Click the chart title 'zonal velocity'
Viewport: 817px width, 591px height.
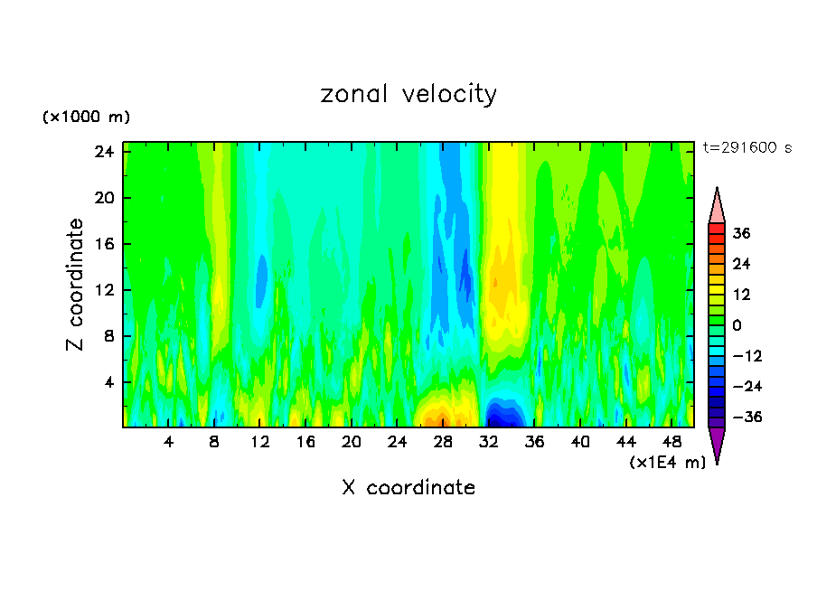click(x=408, y=94)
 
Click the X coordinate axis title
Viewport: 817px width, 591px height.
click(x=408, y=488)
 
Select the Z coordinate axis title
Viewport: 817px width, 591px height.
click(x=76, y=285)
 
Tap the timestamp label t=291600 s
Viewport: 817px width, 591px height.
click(x=747, y=148)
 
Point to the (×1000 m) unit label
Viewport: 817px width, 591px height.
click(x=87, y=117)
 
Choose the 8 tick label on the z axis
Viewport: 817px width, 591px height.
click(x=106, y=336)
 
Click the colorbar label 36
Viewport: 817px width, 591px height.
click(x=741, y=233)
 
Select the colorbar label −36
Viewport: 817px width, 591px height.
click(x=746, y=417)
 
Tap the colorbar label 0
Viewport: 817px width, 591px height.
click(x=737, y=325)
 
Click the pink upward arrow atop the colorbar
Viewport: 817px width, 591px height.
click(x=717, y=205)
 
